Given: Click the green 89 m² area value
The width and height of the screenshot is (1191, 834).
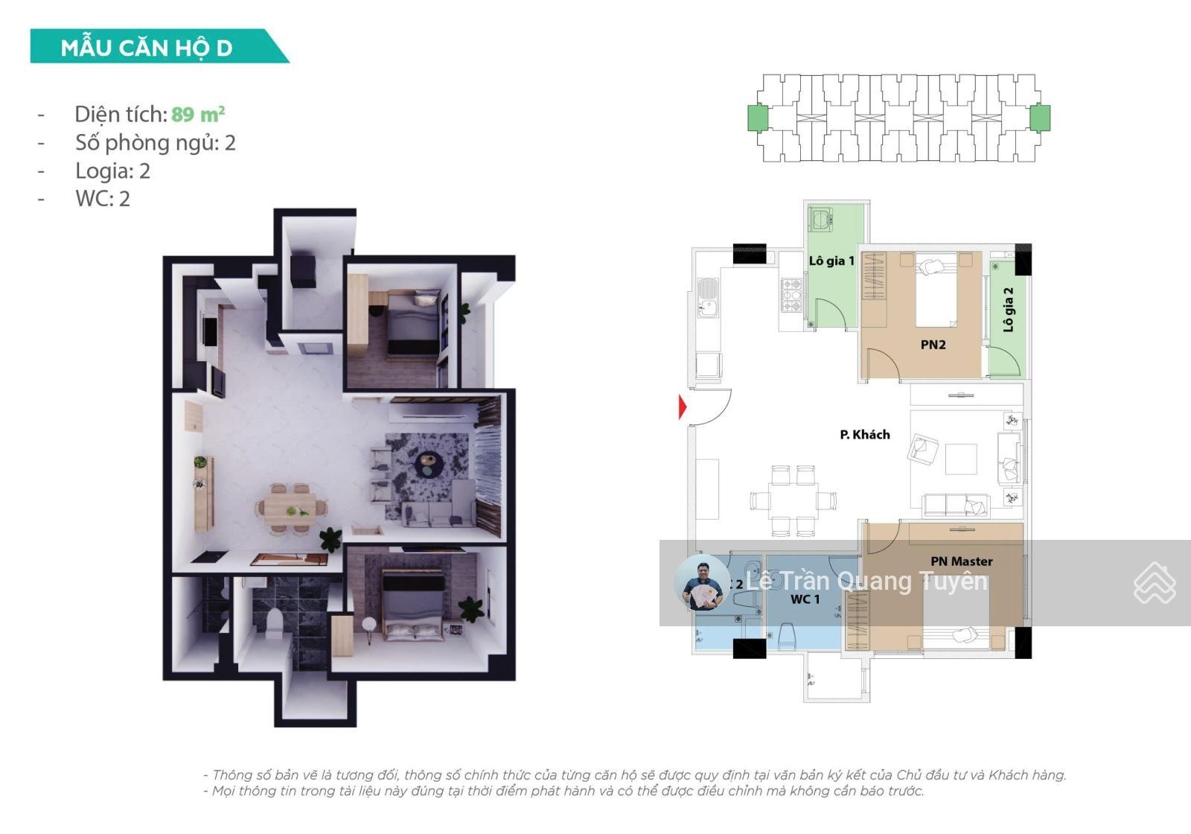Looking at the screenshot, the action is coord(198,114).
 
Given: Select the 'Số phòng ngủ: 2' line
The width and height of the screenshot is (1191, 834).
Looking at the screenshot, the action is coord(156,142).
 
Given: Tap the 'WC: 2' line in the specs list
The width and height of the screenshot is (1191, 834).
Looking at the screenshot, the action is coord(103,198).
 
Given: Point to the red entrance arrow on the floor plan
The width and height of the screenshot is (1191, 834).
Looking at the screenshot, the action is coord(683,407).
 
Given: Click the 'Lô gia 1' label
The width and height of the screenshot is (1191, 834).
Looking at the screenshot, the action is coord(831,261).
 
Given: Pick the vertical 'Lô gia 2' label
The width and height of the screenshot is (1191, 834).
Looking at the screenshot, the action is coord(1008,310).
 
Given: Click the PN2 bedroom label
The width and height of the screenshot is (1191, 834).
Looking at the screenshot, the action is coord(933,345).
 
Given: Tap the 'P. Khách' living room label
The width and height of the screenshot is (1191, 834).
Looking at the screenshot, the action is coord(865,435).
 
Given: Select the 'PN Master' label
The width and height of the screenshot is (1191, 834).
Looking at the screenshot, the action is coord(962,561).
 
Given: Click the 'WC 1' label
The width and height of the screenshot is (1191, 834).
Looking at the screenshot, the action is coord(805,599).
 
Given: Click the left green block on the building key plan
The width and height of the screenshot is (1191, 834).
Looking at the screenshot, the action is coord(759,118).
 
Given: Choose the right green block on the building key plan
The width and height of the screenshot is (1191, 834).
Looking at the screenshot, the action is coord(1039,118).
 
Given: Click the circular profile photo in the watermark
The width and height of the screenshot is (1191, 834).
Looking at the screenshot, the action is coord(702,582).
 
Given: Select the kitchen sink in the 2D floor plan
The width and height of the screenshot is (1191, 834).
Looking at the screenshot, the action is coord(707,298).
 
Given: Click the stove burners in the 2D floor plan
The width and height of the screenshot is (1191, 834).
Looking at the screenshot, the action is coord(791,296).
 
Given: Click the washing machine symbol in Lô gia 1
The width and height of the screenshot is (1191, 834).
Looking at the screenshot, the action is coord(821,219).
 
